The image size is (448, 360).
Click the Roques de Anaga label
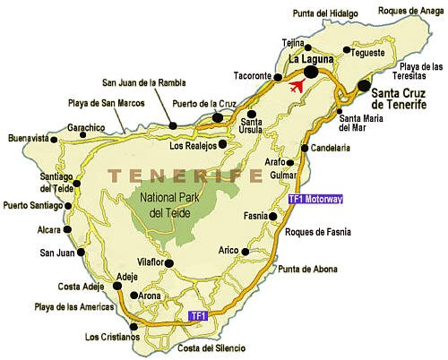[411, 12]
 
